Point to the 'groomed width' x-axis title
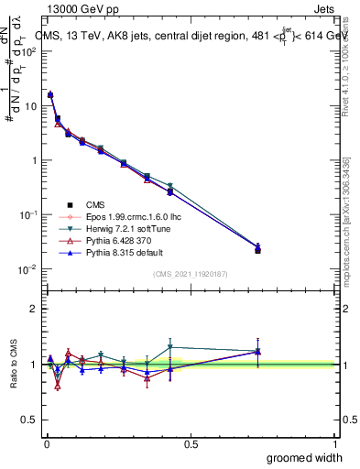pos(305,457)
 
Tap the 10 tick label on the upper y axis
pos(30,106)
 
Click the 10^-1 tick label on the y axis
pos(28,214)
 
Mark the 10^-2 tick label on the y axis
pos(28,269)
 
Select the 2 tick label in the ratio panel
pos(34,309)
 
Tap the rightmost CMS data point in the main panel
pos(257,249)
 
